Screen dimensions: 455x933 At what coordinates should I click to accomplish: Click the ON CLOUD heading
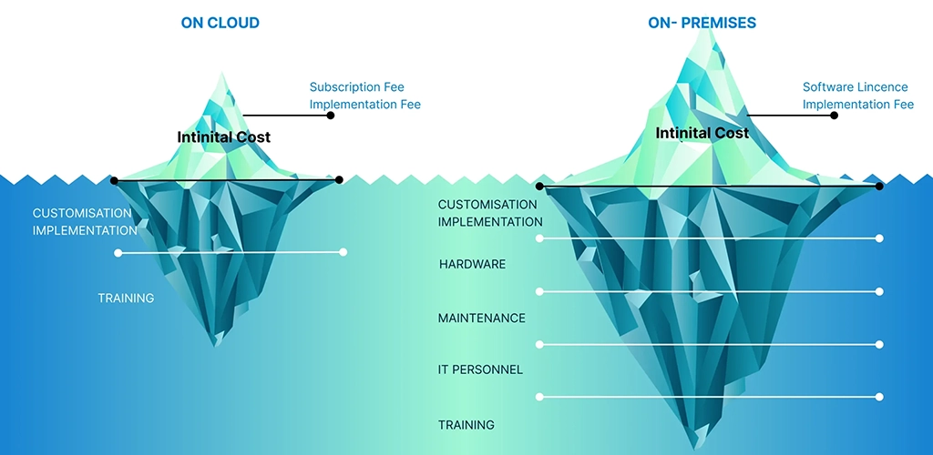pos(220,23)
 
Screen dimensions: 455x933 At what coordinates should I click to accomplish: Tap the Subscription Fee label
pos(357,87)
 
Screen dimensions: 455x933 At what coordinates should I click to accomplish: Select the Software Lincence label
pos(855,87)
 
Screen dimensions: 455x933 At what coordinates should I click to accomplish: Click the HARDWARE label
pos(472,265)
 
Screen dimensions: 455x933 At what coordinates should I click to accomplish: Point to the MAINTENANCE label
pos(481,318)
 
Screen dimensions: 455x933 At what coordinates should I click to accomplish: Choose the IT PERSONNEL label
pos(480,370)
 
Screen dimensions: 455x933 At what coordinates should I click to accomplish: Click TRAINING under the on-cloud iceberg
pos(126,298)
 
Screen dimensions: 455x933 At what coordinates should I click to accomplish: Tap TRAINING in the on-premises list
pos(466,425)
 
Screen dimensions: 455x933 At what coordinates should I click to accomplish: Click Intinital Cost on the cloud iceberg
pos(223,137)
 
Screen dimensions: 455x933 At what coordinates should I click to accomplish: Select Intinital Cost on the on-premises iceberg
pos(702,133)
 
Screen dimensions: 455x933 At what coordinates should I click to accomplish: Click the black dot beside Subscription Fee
pos(331,116)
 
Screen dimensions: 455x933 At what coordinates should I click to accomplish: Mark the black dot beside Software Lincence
pos(834,116)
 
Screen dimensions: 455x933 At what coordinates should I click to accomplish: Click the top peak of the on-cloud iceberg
pos(220,74)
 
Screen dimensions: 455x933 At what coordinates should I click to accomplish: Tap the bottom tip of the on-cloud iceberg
pos(217,345)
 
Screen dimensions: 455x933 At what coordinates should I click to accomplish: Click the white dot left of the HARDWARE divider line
pos(540,291)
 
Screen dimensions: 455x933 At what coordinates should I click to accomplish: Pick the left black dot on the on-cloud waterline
pos(114,180)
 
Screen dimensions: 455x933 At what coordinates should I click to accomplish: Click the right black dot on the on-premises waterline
pos(879,186)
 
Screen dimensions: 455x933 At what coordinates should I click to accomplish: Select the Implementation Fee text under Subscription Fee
pos(364,105)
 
